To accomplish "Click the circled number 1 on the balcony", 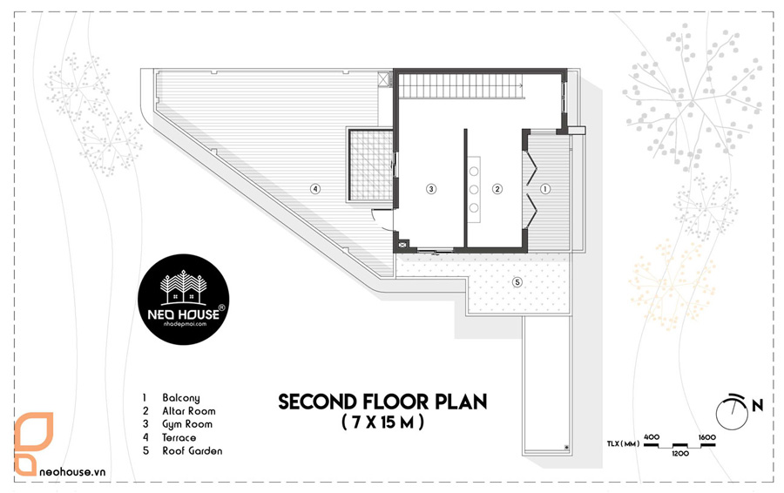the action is [x=545, y=189].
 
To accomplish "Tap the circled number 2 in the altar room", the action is [x=497, y=189].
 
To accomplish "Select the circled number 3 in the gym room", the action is [x=431, y=189].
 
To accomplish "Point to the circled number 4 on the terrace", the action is [x=314, y=189].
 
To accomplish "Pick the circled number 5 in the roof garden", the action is [x=517, y=282].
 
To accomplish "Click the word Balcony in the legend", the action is [x=181, y=398].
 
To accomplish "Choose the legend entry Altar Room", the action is [x=189, y=411].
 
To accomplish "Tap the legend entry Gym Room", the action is [x=187, y=424].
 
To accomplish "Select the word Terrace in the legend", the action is [x=179, y=437].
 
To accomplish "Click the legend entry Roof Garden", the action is [x=193, y=450].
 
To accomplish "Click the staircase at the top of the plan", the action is [x=461, y=85].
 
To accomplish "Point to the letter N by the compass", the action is [x=758, y=406].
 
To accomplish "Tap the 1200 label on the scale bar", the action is [x=680, y=454].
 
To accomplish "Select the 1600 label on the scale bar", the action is [x=707, y=437].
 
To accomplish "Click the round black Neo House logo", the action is [x=184, y=299].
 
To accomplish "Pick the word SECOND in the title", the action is [x=317, y=402].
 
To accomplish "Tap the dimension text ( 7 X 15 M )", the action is [x=383, y=423].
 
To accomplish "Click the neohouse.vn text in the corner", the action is [x=72, y=471].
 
